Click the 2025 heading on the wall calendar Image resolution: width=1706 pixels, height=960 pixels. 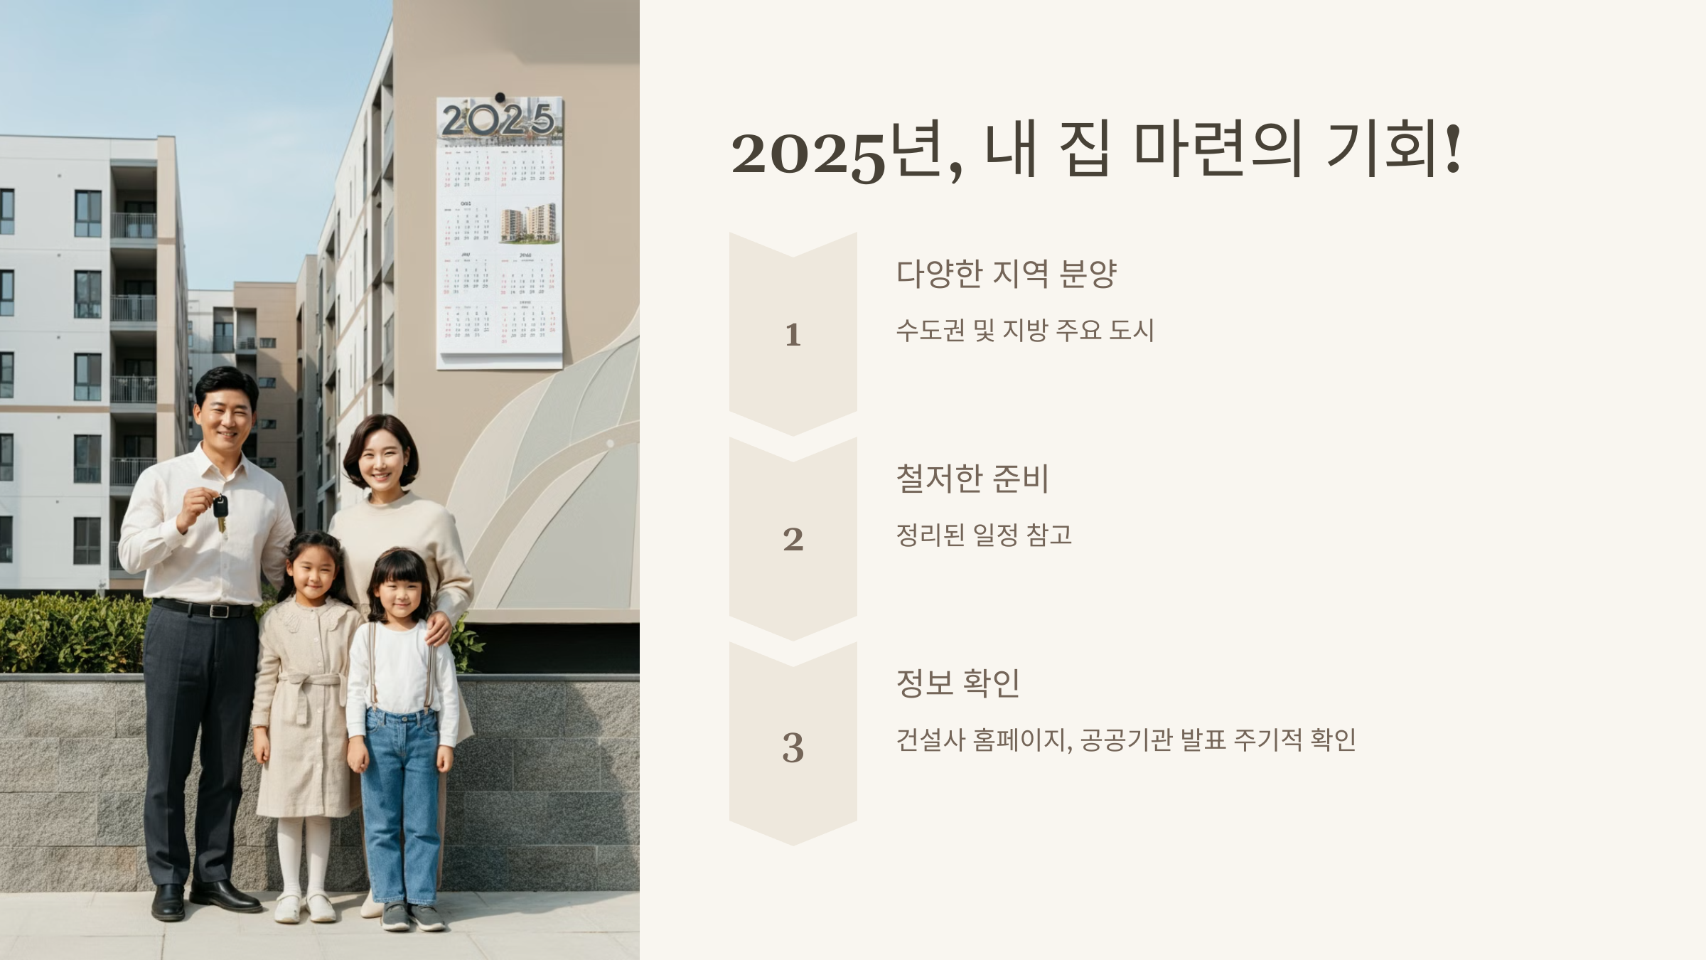[498, 120]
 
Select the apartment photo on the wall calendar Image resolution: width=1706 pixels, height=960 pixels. [527, 224]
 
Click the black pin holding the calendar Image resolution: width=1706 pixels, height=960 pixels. [500, 97]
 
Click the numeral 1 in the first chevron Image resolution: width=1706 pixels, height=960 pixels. [793, 335]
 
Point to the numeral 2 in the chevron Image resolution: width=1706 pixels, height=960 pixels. [793, 540]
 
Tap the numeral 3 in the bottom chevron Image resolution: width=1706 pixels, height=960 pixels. [793, 747]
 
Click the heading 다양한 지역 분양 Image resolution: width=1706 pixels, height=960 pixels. [1006, 274]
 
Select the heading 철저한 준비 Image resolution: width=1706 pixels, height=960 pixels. [972, 479]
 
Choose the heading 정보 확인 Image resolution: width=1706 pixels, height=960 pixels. [957, 683]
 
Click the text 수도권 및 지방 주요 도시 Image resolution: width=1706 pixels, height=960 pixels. [1024, 331]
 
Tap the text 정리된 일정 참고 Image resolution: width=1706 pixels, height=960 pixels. [984, 535]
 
